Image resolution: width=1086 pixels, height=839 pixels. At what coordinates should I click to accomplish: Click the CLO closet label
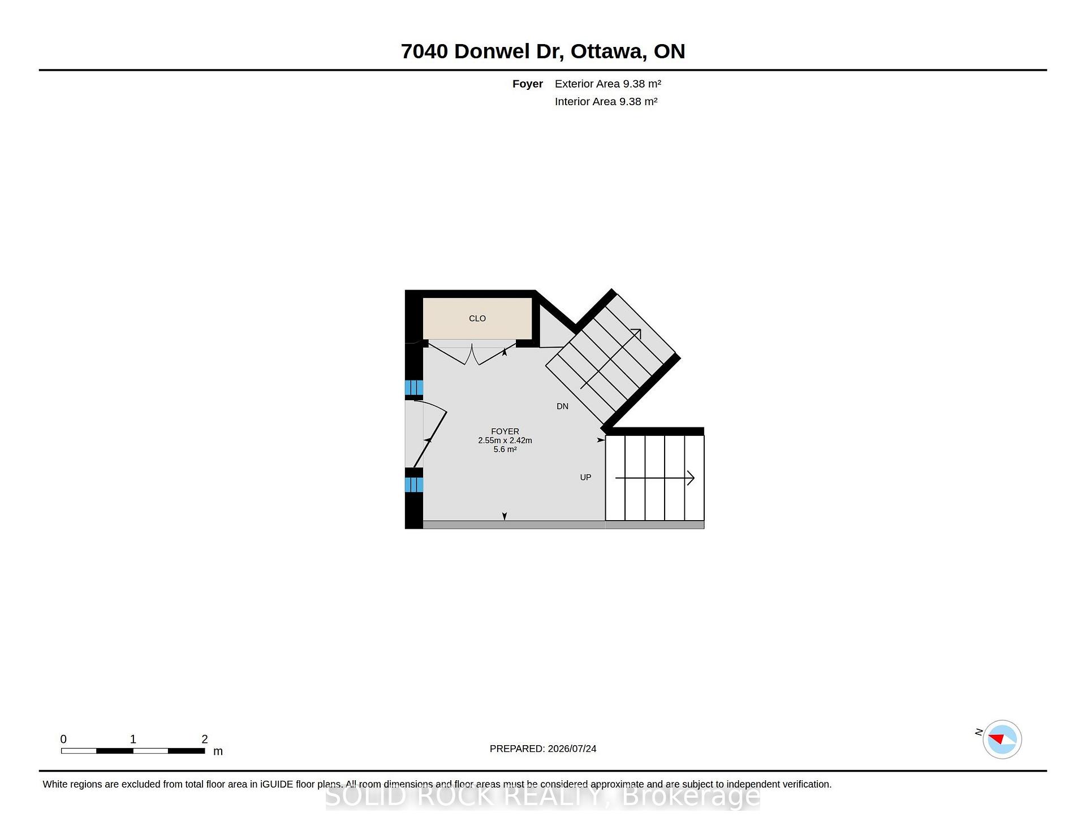click(x=477, y=318)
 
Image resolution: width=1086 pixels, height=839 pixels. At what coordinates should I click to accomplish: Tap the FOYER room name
click(x=505, y=431)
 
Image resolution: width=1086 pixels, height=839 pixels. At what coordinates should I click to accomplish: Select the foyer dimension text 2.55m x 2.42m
click(x=505, y=440)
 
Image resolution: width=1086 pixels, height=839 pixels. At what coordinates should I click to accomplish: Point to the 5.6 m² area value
click(x=505, y=449)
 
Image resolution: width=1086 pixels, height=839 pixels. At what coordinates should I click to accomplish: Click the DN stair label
click(x=562, y=406)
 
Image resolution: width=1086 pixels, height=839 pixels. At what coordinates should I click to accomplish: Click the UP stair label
click(x=585, y=478)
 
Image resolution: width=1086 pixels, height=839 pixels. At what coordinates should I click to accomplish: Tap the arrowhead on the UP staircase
click(x=691, y=478)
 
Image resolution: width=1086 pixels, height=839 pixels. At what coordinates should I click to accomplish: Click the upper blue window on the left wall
click(x=414, y=388)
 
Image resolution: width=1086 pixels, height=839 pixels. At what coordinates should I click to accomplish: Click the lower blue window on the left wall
click(x=414, y=485)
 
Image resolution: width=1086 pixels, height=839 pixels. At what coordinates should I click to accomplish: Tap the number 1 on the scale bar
click(x=133, y=739)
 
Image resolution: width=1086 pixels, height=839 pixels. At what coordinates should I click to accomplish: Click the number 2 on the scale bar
click(x=205, y=739)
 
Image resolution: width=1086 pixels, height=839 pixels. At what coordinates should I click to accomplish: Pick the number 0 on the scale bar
click(x=63, y=739)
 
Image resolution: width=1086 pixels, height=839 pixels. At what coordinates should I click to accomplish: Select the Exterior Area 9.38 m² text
click(x=608, y=84)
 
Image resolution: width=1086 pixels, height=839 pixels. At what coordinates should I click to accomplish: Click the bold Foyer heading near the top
click(x=528, y=84)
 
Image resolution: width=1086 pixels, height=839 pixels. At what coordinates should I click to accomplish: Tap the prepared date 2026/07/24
click(x=572, y=749)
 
